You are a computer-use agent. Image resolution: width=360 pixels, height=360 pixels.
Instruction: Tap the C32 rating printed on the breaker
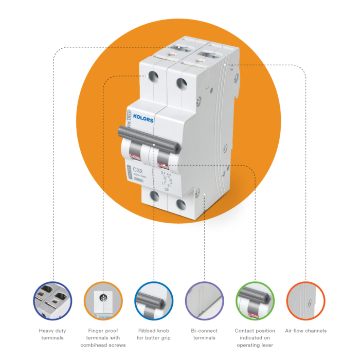click(138, 170)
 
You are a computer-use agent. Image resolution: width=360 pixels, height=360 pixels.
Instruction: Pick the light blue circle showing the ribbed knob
click(153, 301)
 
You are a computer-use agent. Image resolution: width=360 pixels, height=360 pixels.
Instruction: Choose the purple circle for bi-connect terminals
click(204, 301)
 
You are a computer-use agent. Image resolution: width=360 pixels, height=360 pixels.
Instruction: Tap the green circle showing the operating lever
click(255, 301)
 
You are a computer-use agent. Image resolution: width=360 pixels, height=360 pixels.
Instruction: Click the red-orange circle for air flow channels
click(305, 301)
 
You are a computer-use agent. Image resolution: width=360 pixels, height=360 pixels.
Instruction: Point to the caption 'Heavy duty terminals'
click(51, 334)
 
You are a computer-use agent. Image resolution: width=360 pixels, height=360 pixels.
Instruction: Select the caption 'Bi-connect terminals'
click(204, 334)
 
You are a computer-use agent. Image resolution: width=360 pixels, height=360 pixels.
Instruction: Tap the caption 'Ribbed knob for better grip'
click(153, 334)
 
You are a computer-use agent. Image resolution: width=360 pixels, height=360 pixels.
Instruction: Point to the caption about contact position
click(255, 338)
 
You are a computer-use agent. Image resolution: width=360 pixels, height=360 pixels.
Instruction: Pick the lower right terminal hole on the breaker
click(181, 204)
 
